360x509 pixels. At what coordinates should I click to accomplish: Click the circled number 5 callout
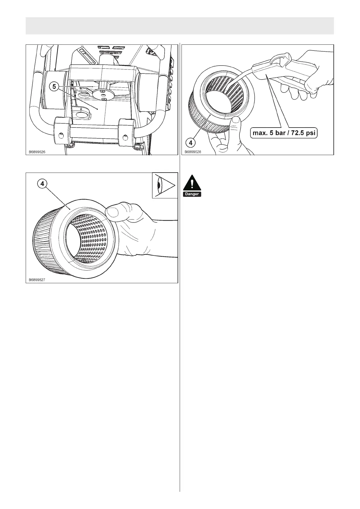coord(54,87)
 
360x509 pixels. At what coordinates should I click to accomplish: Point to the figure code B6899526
coord(37,152)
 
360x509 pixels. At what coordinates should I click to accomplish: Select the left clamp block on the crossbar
coord(62,132)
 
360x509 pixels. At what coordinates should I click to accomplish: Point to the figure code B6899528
coord(193,152)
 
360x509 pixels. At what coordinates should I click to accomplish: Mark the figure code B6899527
coord(37,280)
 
